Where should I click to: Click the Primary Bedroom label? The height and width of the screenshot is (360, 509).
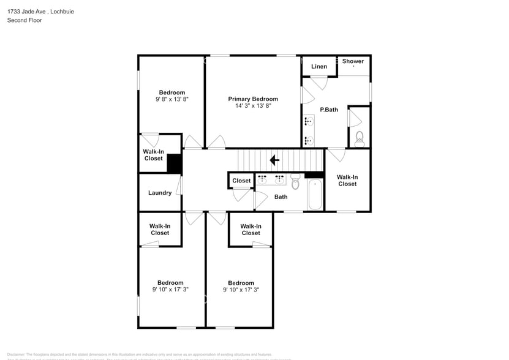(x=253, y=99)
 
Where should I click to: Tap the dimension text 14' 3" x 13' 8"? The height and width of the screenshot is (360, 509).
(x=253, y=106)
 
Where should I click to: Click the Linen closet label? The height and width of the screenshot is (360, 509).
(x=319, y=66)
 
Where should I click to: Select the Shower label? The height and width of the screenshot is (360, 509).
(x=353, y=61)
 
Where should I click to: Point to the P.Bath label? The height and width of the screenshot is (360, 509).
(x=329, y=110)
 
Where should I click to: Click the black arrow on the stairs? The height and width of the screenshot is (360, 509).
(x=274, y=160)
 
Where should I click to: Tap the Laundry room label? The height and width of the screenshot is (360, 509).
(x=160, y=193)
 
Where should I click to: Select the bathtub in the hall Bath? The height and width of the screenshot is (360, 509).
(x=314, y=195)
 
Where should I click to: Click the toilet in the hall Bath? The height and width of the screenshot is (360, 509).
(x=295, y=181)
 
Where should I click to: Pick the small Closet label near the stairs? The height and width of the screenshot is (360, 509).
(x=241, y=181)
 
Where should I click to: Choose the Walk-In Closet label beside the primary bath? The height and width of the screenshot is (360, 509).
(x=347, y=180)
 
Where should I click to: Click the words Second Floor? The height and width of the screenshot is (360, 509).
(x=25, y=20)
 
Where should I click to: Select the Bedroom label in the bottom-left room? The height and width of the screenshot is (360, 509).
(x=170, y=283)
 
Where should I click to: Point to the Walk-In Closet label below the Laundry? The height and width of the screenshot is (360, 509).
(x=160, y=229)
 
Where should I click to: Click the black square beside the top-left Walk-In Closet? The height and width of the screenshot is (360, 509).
(x=175, y=163)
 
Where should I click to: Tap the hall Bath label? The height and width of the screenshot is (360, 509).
(x=281, y=197)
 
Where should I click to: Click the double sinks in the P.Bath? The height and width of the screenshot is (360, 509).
(x=307, y=131)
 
